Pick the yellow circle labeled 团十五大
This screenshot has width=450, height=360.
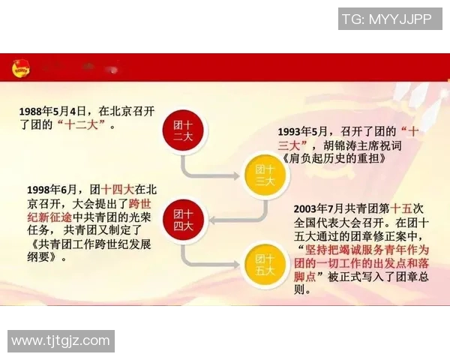coord(265,262)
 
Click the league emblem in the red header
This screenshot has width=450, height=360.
coord(22,70)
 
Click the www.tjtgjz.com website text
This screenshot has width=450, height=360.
coord(61,341)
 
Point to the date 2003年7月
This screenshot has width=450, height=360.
coord(322,208)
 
